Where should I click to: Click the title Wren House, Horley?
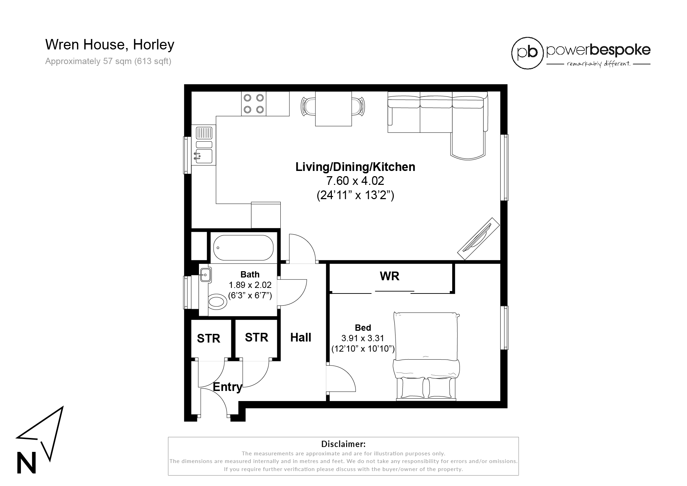(x=110, y=45)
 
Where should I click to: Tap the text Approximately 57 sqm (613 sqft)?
(x=108, y=62)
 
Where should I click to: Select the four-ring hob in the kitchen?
(x=254, y=104)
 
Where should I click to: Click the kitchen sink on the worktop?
(x=204, y=156)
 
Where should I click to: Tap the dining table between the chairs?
(x=333, y=109)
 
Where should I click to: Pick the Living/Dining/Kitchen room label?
(x=355, y=167)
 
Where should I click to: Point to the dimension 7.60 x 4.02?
(x=355, y=181)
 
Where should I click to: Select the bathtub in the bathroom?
(x=243, y=248)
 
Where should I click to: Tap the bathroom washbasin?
(x=205, y=275)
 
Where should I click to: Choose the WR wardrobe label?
(x=389, y=276)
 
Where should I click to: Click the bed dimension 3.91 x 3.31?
(x=363, y=338)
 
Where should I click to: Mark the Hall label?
(x=301, y=337)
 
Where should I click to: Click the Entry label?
(x=227, y=387)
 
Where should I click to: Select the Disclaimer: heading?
(x=343, y=444)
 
